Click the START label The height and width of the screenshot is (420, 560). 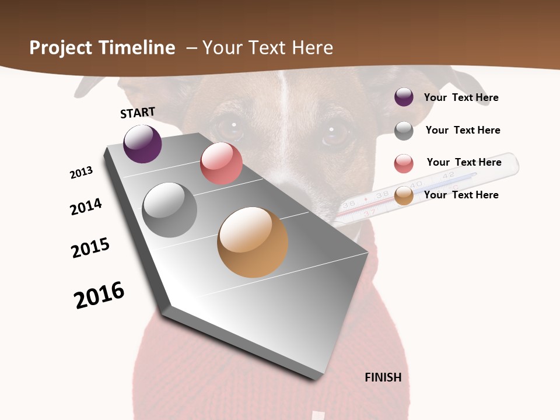(138, 113)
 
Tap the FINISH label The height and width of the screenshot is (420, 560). (383, 377)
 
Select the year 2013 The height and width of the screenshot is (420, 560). (81, 173)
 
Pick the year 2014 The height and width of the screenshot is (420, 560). (86, 206)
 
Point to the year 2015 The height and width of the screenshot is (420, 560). (90, 248)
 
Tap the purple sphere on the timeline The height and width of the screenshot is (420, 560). (142, 144)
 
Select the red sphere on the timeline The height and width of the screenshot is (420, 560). (221, 163)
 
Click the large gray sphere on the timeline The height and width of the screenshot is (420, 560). (170, 210)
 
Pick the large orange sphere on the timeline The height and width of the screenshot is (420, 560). (253, 242)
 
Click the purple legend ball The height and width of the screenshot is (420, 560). (404, 97)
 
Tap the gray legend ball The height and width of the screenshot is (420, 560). (404, 131)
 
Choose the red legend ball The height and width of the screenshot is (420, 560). (404, 163)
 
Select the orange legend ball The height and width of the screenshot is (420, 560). (404, 196)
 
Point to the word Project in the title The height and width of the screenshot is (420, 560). (61, 48)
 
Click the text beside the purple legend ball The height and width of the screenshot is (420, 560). (461, 97)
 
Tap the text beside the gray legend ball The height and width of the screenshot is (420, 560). (463, 130)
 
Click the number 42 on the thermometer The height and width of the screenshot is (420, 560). (448, 175)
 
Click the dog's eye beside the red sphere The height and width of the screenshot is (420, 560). (232, 127)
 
